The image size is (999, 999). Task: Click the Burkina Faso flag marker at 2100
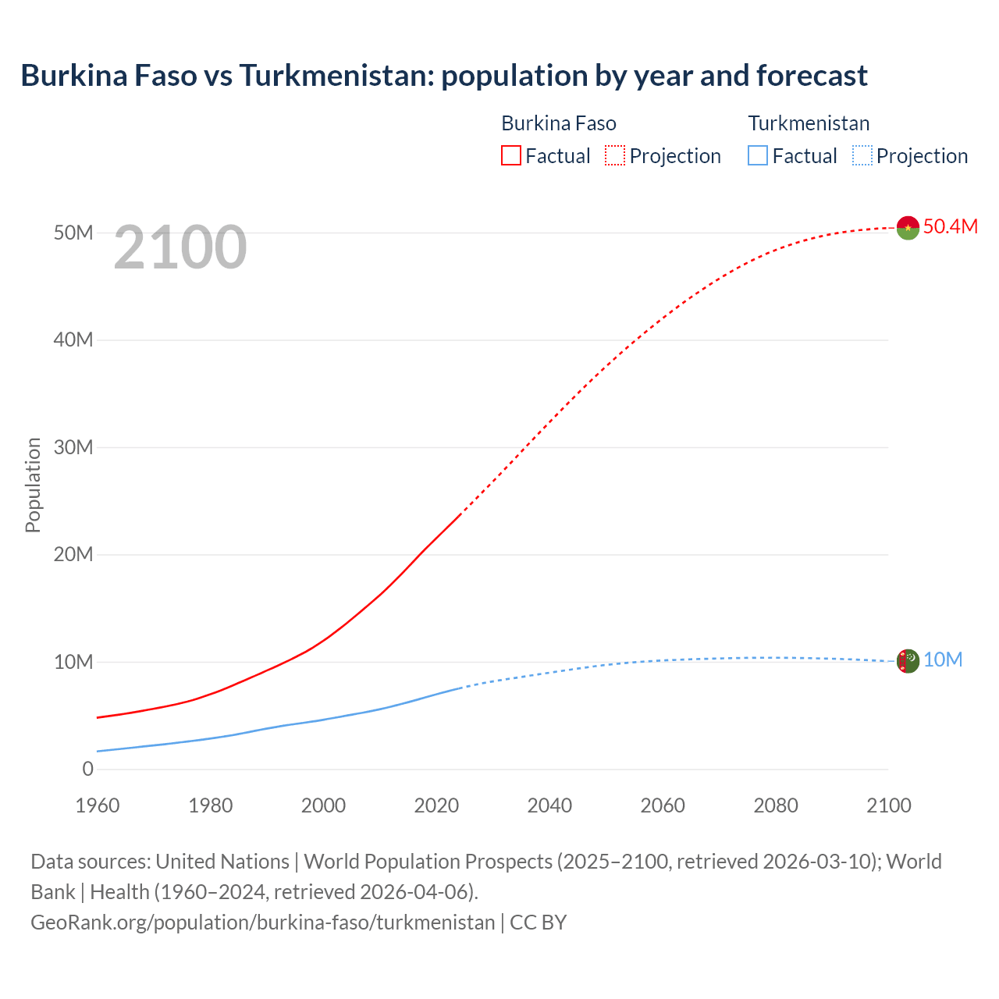pyautogui.click(x=908, y=228)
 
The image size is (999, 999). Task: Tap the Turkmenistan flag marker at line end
pyautogui.click(x=908, y=661)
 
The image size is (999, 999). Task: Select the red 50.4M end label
pyautogui.click(x=950, y=226)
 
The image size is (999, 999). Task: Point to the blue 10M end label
pyautogui.click(x=943, y=660)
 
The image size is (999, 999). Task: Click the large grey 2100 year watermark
pyautogui.click(x=180, y=247)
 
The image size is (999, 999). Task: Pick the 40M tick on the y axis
pyautogui.click(x=73, y=340)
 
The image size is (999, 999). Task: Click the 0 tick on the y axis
pyautogui.click(x=87, y=770)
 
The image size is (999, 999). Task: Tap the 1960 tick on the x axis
pyautogui.click(x=98, y=805)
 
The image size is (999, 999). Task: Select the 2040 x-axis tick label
pyautogui.click(x=549, y=805)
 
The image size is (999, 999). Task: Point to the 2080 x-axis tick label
pyautogui.click(x=776, y=805)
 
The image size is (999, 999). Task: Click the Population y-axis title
pyautogui.click(x=33, y=485)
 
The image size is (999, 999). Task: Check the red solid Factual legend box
pyautogui.click(x=511, y=155)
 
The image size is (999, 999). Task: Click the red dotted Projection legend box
pyautogui.click(x=615, y=155)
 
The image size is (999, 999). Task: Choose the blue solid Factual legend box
pyautogui.click(x=758, y=155)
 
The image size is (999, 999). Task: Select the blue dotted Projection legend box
pyautogui.click(x=862, y=155)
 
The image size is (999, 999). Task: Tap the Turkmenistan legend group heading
pyautogui.click(x=809, y=123)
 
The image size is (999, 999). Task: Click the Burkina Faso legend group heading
pyautogui.click(x=559, y=123)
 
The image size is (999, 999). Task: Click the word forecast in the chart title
pyautogui.click(x=811, y=76)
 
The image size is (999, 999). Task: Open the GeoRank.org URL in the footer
pyautogui.click(x=262, y=923)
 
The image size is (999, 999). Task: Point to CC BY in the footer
pyautogui.click(x=539, y=923)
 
